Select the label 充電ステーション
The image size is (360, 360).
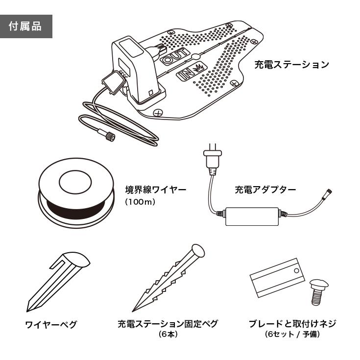(x=291, y=65)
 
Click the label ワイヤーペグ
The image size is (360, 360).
(x=50, y=325)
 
